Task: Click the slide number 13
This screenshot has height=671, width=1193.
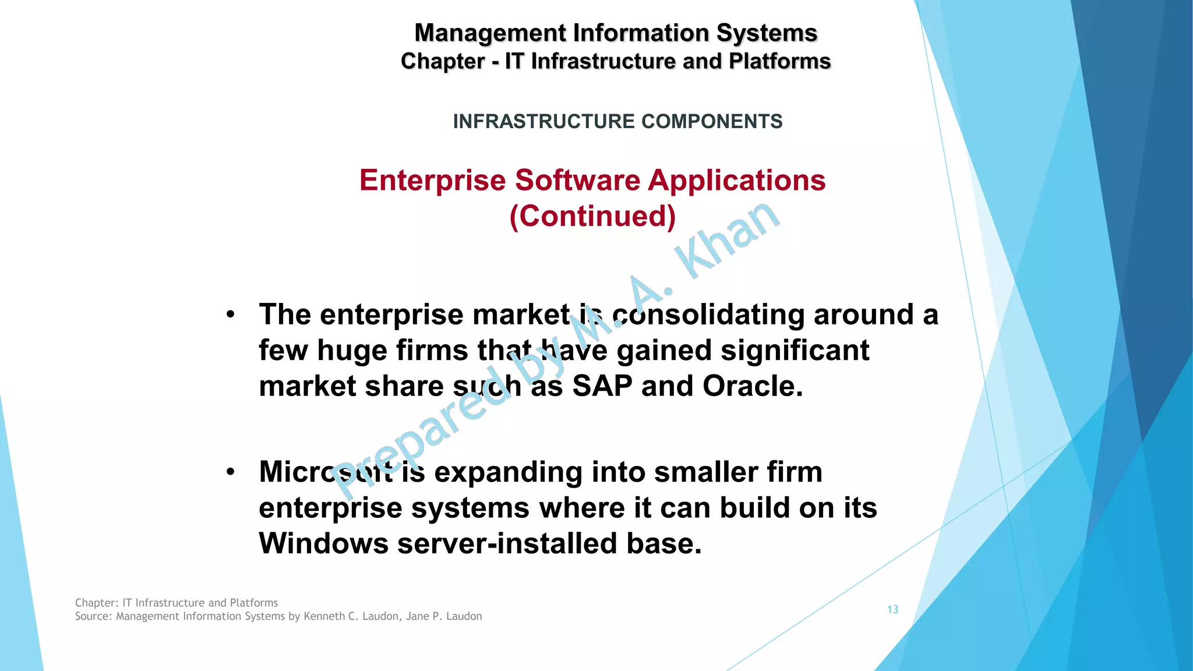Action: pos(892,609)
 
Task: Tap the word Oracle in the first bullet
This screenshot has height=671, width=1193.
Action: pos(752,386)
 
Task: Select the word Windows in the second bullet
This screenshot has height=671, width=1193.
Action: pos(323,543)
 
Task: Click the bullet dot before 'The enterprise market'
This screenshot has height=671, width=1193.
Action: pos(231,315)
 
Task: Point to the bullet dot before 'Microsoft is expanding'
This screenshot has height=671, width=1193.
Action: pos(231,472)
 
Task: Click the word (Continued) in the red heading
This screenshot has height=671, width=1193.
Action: pos(592,216)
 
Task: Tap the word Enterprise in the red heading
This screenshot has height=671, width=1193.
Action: pos(432,181)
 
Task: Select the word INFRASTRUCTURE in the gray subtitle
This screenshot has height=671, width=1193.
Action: pos(543,121)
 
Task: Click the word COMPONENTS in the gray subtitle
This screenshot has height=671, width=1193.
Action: pos(712,121)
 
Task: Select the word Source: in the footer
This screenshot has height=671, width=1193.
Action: pos(94,616)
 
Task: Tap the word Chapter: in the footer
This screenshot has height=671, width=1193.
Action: pos(97,603)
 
